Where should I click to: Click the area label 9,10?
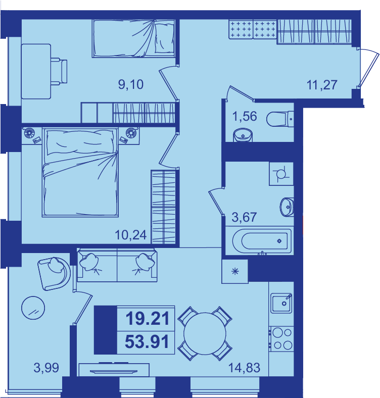click(x=131, y=84)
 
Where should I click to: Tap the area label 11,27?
click(x=322, y=85)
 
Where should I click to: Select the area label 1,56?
click(x=245, y=116)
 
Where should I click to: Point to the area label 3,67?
click(x=244, y=217)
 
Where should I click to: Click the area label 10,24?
click(x=131, y=235)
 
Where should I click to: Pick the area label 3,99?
click(x=46, y=368)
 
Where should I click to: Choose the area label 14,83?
click(x=245, y=368)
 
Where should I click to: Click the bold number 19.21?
click(x=148, y=319)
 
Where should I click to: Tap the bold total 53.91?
click(x=147, y=341)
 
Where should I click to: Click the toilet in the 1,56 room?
click(x=280, y=119)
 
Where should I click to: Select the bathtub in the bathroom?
click(x=262, y=241)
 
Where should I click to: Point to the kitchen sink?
click(x=281, y=303)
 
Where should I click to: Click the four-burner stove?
click(x=282, y=339)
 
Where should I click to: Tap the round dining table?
click(x=205, y=333)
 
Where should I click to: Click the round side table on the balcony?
click(x=33, y=308)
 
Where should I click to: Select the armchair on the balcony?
click(x=55, y=273)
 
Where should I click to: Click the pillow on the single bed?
click(x=164, y=38)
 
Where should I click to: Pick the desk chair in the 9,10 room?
click(x=59, y=71)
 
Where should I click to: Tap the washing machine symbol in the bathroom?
click(x=281, y=174)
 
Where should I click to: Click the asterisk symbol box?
click(x=235, y=271)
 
